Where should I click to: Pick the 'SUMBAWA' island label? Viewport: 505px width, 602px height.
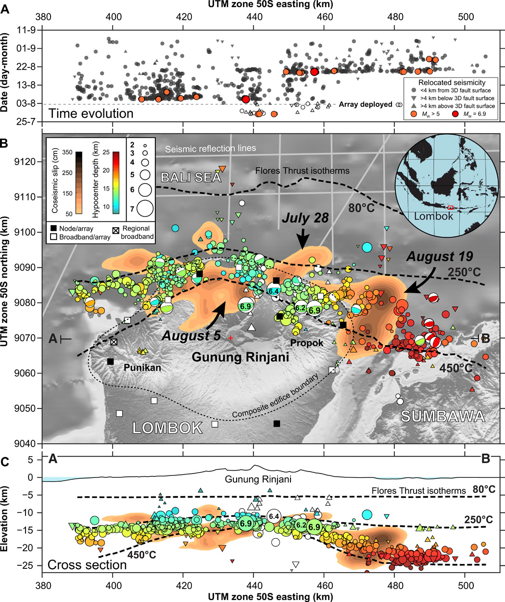click(x=442, y=416)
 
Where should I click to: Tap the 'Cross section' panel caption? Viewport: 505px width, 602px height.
click(x=87, y=564)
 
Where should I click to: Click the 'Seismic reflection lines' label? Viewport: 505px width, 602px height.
click(x=210, y=149)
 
